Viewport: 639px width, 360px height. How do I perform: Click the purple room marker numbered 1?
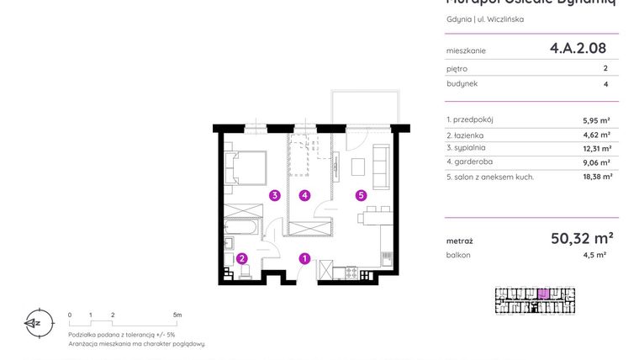coord(305,259)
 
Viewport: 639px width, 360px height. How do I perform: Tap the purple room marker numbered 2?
coord(241,259)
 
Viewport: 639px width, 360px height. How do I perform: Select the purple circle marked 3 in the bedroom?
coord(274,196)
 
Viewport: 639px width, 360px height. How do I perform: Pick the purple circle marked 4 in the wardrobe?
coord(305,196)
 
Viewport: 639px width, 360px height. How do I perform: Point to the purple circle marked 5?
coord(360,196)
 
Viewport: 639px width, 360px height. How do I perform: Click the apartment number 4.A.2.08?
coord(578,49)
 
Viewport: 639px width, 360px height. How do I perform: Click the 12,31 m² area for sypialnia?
coord(596,148)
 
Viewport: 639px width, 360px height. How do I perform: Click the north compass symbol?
coord(34,322)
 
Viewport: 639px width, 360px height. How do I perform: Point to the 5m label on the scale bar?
coord(177,315)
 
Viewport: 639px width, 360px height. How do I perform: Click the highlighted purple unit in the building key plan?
coord(543,294)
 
